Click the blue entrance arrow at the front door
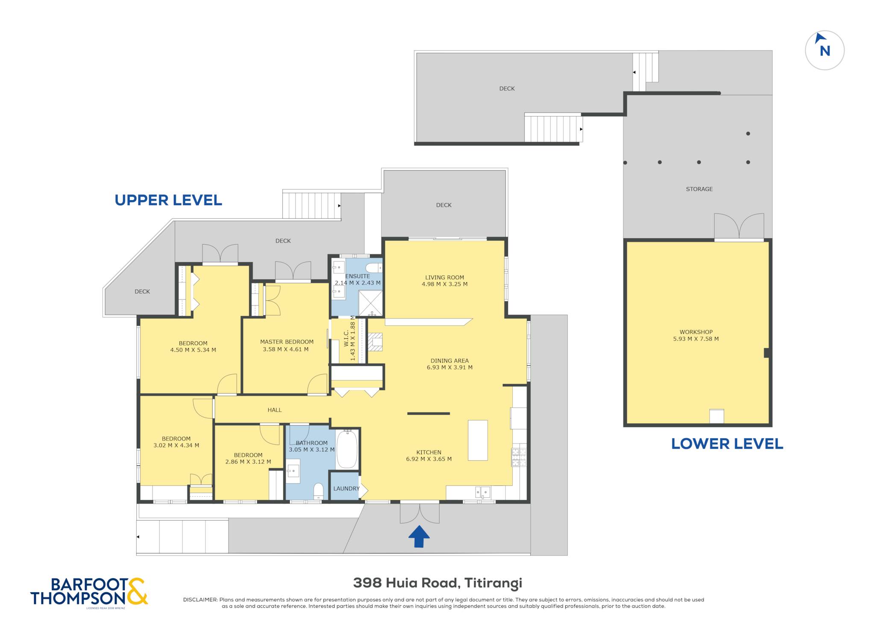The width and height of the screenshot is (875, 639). (419, 536)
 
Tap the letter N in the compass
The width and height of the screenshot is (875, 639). (825, 51)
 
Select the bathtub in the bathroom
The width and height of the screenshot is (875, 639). (347, 450)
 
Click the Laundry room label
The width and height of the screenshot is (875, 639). (346, 488)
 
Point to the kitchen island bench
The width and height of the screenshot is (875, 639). (478, 440)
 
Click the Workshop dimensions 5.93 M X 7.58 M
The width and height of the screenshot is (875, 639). (696, 339)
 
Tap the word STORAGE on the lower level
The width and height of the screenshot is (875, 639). (699, 189)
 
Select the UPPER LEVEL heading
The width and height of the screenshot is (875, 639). (168, 200)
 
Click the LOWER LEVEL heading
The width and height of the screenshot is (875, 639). (727, 444)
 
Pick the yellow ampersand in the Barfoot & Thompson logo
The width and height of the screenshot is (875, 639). (137, 591)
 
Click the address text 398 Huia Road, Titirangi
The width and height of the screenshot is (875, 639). (437, 583)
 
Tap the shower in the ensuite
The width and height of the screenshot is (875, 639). (370, 303)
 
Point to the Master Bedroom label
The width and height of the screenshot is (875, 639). (287, 342)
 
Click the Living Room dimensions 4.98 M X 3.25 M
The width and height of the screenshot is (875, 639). (444, 284)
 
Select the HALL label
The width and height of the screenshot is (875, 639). (275, 410)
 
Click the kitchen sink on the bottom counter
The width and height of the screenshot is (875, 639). (483, 492)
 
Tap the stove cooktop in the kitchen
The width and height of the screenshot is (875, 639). (519, 457)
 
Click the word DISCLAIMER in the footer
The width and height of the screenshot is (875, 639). (200, 600)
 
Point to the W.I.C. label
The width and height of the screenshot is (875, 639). (346, 338)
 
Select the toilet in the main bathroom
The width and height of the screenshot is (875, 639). (318, 491)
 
